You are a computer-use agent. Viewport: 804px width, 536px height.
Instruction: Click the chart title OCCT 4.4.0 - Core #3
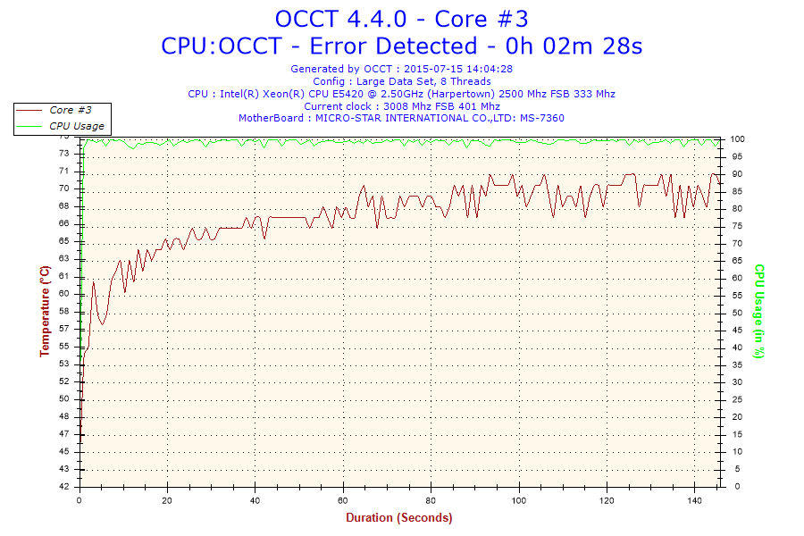click(x=401, y=19)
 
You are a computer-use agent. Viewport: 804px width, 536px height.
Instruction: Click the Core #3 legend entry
click(x=71, y=110)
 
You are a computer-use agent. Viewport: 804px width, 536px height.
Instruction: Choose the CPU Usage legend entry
click(x=76, y=126)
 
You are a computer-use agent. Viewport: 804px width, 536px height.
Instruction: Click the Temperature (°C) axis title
click(x=44, y=311)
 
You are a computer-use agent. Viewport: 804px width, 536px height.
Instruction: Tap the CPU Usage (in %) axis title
click(x=759, y=311)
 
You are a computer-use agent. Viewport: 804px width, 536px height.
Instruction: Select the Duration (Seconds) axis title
click(x=399, y=517)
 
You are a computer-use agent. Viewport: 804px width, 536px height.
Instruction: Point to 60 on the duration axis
click(x=343, y=500)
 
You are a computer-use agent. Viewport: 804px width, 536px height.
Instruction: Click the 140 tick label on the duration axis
click(x=693, y=500)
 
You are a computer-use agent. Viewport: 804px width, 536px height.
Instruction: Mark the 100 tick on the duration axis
click(x=518, y=500)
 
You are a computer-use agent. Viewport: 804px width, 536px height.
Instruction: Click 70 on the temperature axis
click(x=64, y=188)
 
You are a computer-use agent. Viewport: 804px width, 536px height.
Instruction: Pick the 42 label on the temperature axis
click(x=64, y=487)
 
